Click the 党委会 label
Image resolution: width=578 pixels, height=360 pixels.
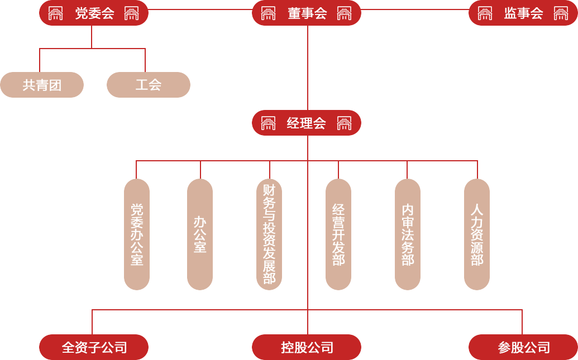click(94, 13)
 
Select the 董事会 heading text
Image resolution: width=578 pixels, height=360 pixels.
click(307, 13)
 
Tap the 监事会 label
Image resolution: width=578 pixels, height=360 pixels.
click(523, 13)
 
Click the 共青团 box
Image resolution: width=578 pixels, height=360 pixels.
click(42, 85)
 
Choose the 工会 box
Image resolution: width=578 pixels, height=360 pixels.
click(149, 85)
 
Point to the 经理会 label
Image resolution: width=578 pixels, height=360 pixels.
click(306, 123)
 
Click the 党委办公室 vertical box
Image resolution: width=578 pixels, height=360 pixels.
click(136, 234)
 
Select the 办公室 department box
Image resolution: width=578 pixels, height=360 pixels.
click(199, 234)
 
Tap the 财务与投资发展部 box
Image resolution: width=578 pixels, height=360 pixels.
click(269, 234)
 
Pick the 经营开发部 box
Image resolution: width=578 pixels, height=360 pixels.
click(338, 234)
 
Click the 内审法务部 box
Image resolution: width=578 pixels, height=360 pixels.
click(407, 234)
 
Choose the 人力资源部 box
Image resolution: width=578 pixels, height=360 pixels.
click(476, 234)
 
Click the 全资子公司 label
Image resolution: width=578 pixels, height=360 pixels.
click(94, 348)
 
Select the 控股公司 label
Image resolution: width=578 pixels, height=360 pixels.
click(307, 348)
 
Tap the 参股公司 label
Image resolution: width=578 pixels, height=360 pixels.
click(524, 348)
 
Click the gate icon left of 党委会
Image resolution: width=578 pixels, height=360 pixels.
click(55, 13)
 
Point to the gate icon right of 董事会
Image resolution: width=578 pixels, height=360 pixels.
click(344, 13)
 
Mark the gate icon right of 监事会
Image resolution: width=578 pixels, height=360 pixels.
click(561, 13)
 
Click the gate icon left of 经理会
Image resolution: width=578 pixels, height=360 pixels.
click(268, 123)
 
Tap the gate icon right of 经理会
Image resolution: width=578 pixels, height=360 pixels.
click(344, 123)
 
